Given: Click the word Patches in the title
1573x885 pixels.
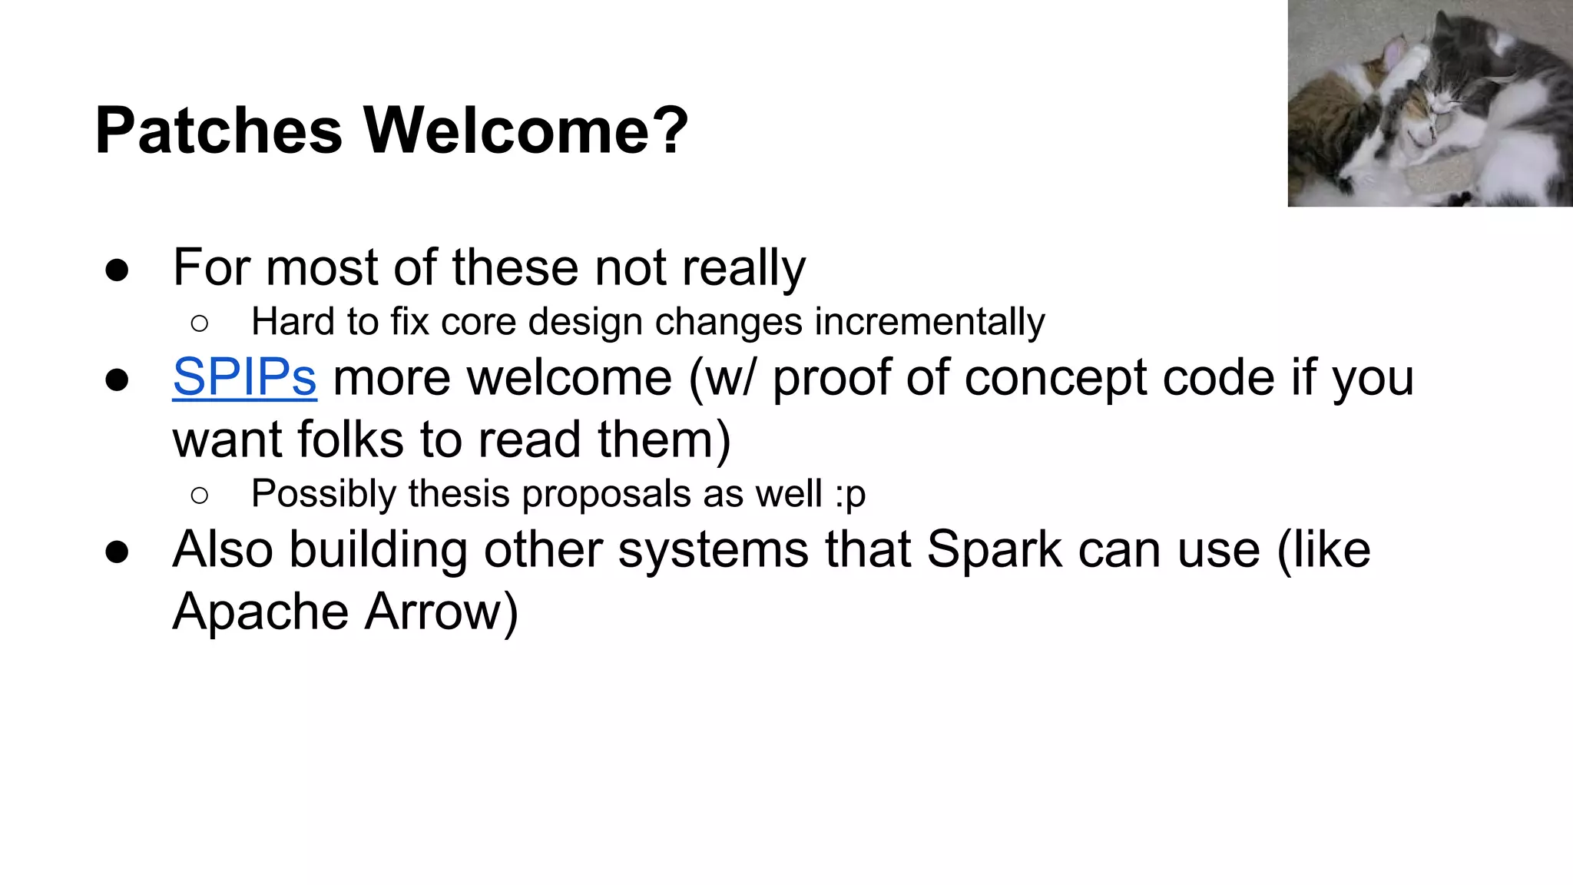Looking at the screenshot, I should [x=218, y=131].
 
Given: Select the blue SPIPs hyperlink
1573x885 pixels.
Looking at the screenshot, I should [x=244, y=377].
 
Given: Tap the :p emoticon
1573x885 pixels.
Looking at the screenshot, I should [x=849, y=494].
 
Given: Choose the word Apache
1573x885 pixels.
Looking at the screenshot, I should [x=260, y=613].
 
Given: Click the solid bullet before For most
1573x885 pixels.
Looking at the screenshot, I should [x=117, y=270].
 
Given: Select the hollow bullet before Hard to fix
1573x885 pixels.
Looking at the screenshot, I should [x=199, y=323].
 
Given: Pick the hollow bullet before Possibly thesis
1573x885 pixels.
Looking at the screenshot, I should [x=199, y=496].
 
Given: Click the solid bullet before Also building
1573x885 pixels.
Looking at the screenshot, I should [x=117, y=552].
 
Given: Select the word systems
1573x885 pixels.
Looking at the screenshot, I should [x=713, y=551].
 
